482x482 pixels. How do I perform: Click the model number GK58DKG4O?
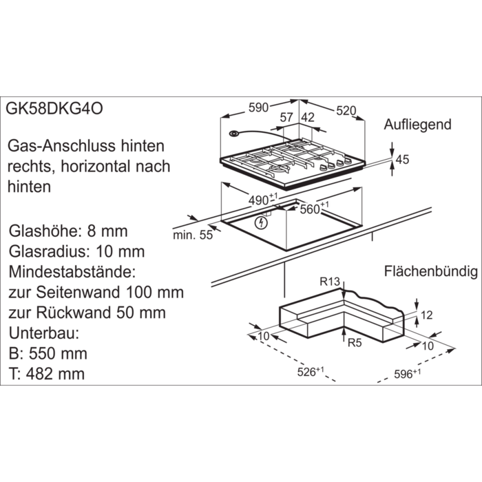tap(54, 109)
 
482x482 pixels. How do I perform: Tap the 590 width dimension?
tap(258, 108)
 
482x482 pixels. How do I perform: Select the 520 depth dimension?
tap(346, 111)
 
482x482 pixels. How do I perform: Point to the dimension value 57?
tap(286, 118)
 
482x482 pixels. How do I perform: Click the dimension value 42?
tap(308, 118)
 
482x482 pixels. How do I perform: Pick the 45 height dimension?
tap(402, 160)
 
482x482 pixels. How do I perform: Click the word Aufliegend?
tap(417, 125)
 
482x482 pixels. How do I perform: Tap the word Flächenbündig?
tap(431, 271)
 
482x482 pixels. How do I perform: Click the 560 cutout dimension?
tap(314, 208)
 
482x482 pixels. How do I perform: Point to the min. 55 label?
tap(193, 235)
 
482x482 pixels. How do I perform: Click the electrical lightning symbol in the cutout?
tap(261, 223)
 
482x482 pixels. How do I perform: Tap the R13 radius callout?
tap(330, 281)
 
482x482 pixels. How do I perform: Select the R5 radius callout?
tap(355, 343)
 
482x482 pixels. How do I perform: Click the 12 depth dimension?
tap(427, 315)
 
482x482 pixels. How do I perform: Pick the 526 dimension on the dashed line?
tap(311, 372)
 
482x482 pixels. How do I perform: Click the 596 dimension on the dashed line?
tap(408, 374)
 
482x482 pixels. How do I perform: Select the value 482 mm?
tap(55, 374)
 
